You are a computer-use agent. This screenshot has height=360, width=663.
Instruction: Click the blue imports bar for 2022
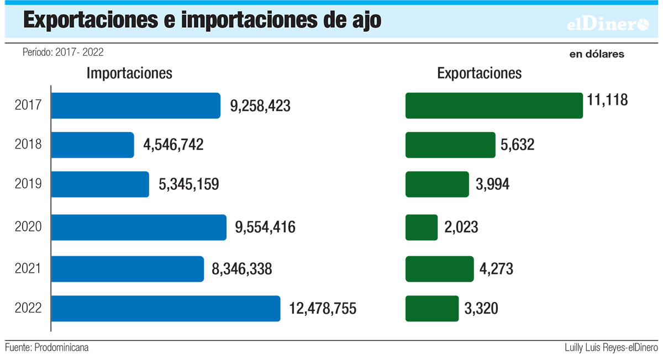pyautogui.click(x=166, y=308)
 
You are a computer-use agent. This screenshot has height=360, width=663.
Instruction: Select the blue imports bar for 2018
pyautogui.click(x=93, y=145)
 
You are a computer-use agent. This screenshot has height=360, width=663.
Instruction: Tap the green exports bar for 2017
pyautogui.click(x=494, y=105)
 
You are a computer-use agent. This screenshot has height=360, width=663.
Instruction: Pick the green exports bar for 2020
pyautogui.click(x=422, y=227)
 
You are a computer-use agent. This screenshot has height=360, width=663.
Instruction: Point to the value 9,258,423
pyautogui.click(x=260, y=106)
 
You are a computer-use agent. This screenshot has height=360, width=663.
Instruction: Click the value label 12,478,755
pyautogui.click(x=322, y=308)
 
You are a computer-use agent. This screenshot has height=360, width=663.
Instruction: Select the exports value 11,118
pyautogui.click(x=608, y=100)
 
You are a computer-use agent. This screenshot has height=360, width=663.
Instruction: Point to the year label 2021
pyautogui.click(x=28, y=269)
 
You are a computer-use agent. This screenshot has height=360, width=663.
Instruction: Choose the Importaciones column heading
pyautogui.click(x=129, y=73)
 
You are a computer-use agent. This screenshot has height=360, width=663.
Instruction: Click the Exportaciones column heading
pyautogui.click(x=479, y=73)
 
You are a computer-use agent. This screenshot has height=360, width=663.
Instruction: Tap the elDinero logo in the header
pyautogui.click(x=608, y=24)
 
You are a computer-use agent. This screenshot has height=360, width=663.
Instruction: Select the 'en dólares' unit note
pyautogui.click(x=597, y=54)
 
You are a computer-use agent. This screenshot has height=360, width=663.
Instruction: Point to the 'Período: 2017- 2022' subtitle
pyautogui.click(x=63, y=52)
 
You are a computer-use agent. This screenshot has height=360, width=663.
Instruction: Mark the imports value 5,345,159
pyautogui.click(x=188, y=184)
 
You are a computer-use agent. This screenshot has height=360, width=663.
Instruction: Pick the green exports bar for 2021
pyautogui.click(x=439, y=269)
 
